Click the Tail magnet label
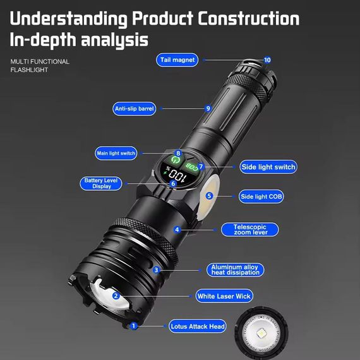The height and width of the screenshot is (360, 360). point(178,60)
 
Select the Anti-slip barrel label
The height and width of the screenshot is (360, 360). point(134,109)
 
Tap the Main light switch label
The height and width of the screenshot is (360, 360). point(116,153)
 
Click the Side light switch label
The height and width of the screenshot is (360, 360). point(268,167)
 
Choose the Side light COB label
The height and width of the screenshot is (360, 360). point(261,196)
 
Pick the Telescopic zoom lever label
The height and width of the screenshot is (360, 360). point(249,229)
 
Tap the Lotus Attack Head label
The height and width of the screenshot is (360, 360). point(198,327)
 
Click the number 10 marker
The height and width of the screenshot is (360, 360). point(267,60)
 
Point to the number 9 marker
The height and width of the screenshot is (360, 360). point(208,109)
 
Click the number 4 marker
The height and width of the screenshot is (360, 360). point(177,230)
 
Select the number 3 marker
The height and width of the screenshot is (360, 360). point(156,270)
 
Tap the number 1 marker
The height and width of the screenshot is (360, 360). point(133,326)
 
